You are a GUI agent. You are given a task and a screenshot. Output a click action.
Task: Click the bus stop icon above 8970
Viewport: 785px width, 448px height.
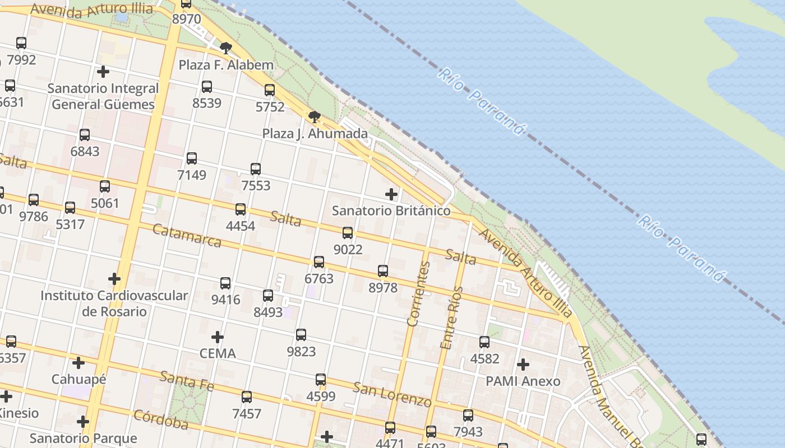[186, 3]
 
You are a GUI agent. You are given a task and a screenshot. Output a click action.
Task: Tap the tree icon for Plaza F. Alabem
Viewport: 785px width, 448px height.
[226, 48]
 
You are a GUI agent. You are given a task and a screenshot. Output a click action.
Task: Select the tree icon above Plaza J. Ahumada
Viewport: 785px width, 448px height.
[315, 117]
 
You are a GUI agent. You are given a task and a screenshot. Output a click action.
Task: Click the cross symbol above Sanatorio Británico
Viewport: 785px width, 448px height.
[391, 194]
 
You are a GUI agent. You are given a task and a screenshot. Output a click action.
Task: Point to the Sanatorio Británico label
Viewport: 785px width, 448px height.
[391, 211]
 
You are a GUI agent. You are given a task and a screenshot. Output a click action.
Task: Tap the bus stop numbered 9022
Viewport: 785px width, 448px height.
[348, 233]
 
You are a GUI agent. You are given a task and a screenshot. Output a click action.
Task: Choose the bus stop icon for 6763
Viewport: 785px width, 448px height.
[319, 262]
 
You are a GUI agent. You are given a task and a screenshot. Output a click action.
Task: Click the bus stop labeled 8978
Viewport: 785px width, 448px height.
[383, 271]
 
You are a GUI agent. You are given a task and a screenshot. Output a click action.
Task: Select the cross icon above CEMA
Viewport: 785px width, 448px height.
[218, 337]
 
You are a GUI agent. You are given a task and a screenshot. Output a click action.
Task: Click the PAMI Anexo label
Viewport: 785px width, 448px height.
[523, 381]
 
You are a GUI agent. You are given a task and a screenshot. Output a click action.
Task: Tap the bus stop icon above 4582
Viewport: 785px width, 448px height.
[484, 342]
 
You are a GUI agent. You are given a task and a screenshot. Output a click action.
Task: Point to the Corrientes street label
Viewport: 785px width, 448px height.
[419, 294]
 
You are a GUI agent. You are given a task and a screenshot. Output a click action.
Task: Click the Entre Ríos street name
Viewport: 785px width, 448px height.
[451, 318]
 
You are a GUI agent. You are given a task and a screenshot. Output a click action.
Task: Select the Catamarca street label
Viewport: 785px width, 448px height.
[187, 236]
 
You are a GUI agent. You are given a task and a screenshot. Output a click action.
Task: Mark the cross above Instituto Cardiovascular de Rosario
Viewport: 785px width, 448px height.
[114, 279]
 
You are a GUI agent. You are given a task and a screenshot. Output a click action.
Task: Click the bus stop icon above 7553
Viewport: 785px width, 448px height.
[256, 169]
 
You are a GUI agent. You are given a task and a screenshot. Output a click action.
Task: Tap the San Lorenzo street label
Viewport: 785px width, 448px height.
[392, 394]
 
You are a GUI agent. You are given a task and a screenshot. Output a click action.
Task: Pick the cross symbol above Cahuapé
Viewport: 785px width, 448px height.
[78, 363]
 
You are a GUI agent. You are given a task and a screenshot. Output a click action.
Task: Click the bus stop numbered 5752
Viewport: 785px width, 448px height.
[270, 90]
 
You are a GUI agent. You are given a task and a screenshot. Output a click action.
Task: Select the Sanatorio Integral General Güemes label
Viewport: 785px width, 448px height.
[103, 96]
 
